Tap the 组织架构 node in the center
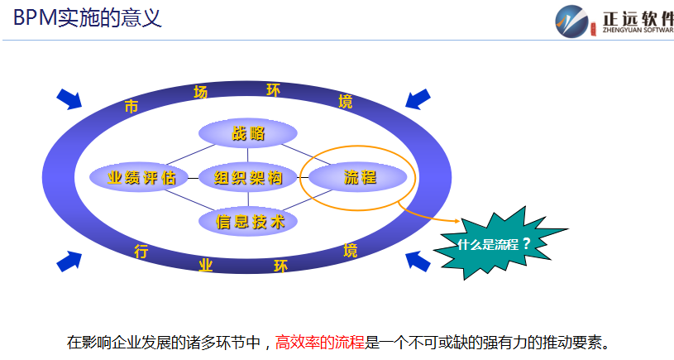coord(248,177)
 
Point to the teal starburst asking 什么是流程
coord(495,244)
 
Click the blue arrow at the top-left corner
coord(69,98)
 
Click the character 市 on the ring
coord(131,106)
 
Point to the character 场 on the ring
coord(200,92)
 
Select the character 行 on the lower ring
coord(141,252)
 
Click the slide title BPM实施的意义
coord(87,17)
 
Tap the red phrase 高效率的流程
coord(319,341)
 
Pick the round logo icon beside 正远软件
coord(572,22)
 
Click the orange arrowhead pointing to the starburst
coord(454,221)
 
